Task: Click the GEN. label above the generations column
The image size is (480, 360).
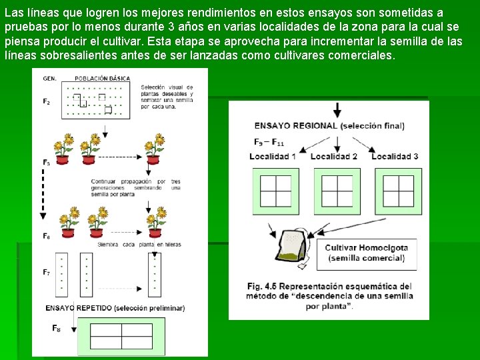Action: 49,78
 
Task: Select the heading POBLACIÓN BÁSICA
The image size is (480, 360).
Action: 102,78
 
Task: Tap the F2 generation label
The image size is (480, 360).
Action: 47,101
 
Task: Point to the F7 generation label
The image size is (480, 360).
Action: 47,272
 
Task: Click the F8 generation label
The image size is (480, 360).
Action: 56,328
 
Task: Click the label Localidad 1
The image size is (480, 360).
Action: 273,156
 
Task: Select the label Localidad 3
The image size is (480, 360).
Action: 395,156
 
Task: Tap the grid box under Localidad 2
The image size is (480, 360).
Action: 337,191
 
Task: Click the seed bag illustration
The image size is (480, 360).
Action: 294,247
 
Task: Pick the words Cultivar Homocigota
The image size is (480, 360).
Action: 366,247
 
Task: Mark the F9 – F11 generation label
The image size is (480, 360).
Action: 269,142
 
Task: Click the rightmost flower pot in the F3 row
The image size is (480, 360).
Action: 155,149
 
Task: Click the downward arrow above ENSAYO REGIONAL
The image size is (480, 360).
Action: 337,109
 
